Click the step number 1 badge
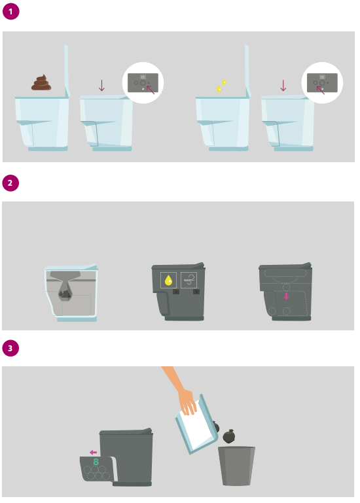click(x=10, y=12)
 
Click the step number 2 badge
click(x=10, y=183)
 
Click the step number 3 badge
click(x=10, y=348)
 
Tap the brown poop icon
click(x=41, y=82)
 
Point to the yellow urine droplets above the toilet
click(x=221, y=86)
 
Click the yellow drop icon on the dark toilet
click(x=168, y=280)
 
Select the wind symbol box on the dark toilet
click(x=189, y=280)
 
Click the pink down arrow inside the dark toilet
click(x=287, y=296)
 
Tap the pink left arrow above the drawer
click(x=93, y=453)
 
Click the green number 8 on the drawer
click(x=96, y=462)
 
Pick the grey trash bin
click(x=236, y=466)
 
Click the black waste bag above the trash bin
click(x=228, y=436)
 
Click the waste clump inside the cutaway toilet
click(x=65, y=294)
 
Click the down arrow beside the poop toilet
click(x=102, y=85)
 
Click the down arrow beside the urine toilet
click(x=283, y=85)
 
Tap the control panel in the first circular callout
click(x=143, y=83)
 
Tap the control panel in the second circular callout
click(x=322, y=83)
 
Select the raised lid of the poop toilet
click(x=67, y=71)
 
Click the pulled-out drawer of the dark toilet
click(x=96, y=469)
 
